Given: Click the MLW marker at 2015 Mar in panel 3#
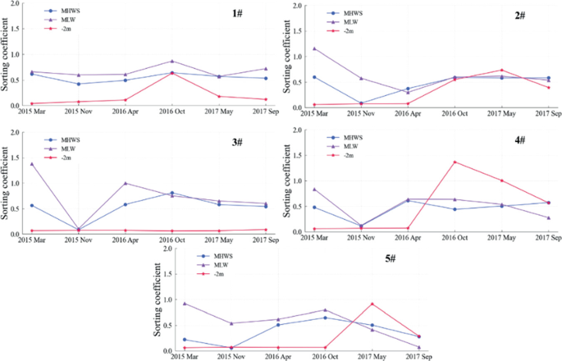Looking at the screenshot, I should pos(31,164).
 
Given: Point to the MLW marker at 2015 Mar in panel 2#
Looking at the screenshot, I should pos(314,48).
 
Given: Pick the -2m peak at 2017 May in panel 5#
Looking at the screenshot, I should pos(372,304).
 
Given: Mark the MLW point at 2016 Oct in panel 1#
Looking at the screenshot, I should pos(171,62).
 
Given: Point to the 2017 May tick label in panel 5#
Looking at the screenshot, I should pos(372,357).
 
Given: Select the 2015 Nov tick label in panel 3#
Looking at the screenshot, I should pos(78,240).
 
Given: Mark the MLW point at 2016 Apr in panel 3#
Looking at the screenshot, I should pos(125,183).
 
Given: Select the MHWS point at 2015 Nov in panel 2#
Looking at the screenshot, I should pos(361,103).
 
